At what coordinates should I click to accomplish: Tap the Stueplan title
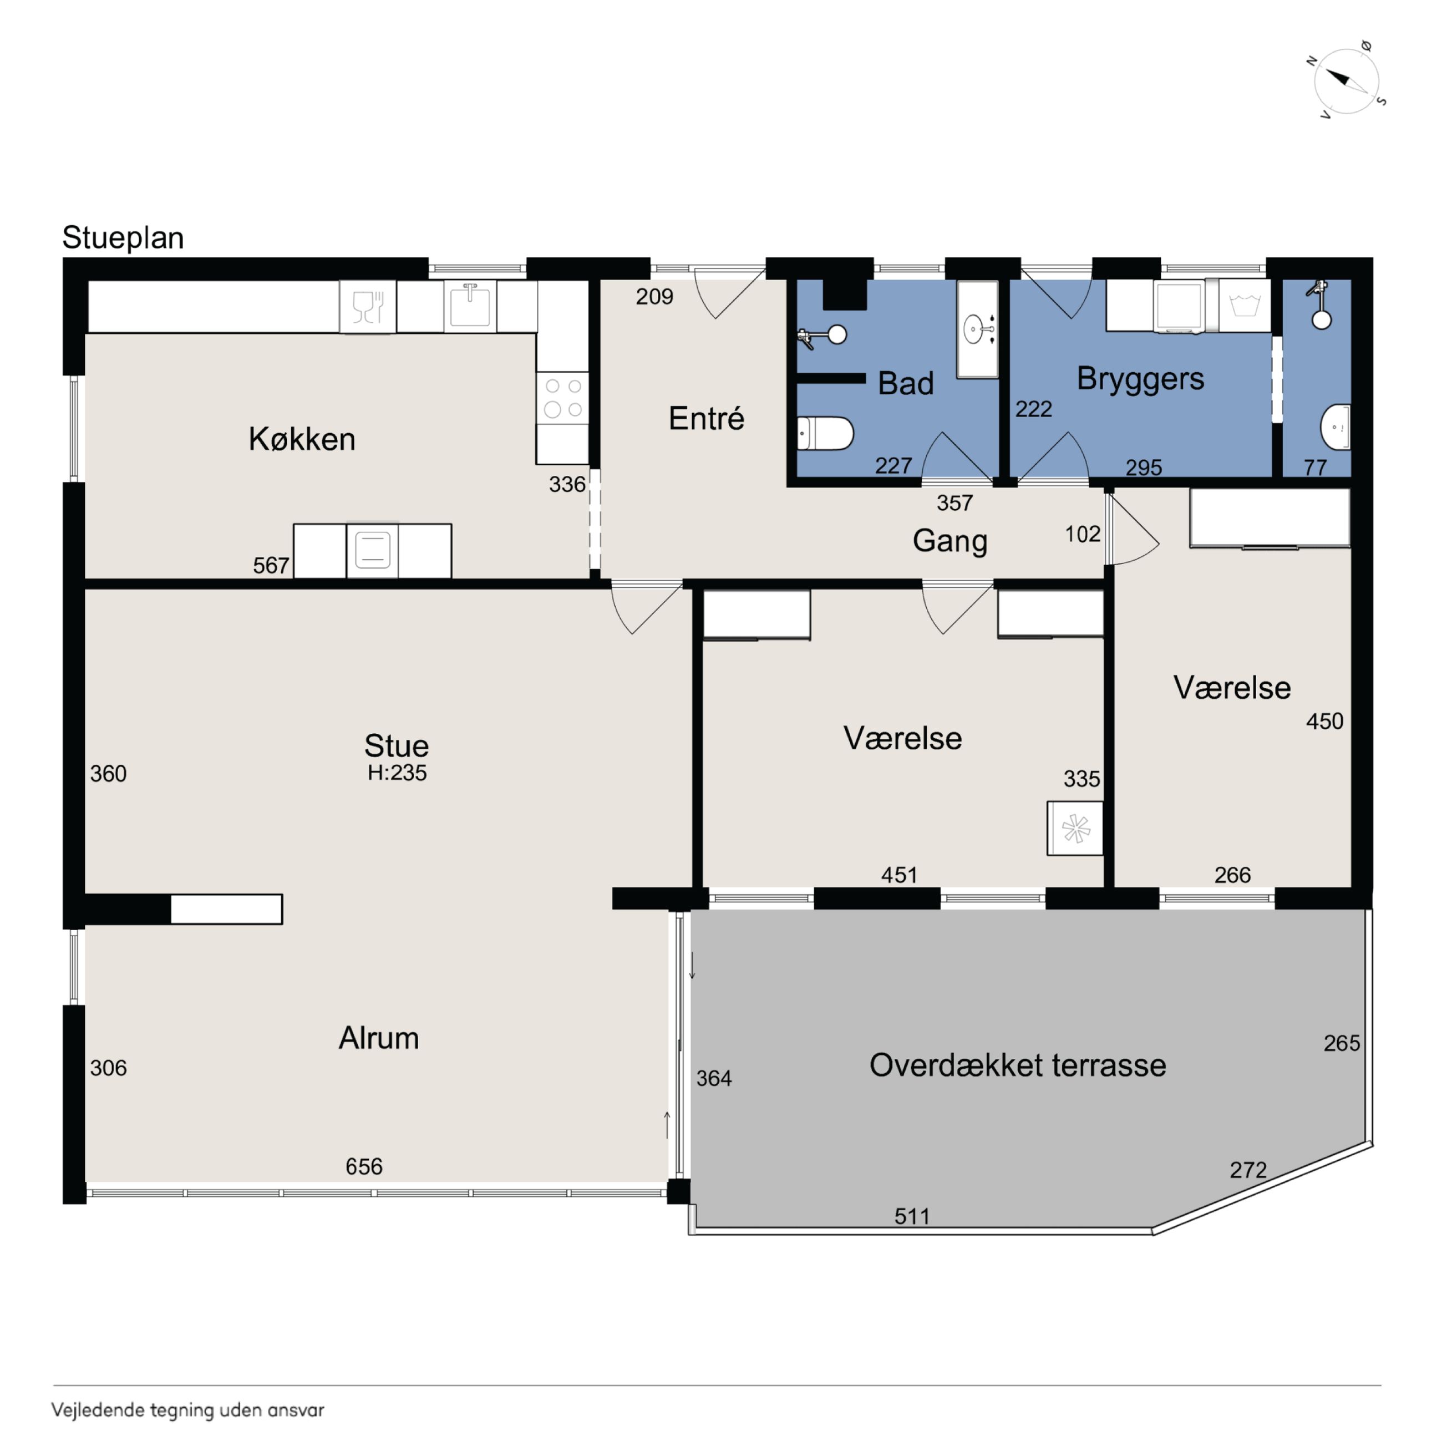point(123,237)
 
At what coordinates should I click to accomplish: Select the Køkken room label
point(302,439)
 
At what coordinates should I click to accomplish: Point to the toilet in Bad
point(825,433)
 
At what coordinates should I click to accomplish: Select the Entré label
point(706,418)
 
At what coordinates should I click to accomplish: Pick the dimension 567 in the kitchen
point(271,566)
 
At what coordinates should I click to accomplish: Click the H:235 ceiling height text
point(397,773)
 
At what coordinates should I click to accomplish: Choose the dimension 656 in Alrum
point(364,1166)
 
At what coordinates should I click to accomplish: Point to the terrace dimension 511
point(912,1217)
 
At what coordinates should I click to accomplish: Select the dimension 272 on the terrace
point(1248,1170)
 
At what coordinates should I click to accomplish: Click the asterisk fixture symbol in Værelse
point(1075,829)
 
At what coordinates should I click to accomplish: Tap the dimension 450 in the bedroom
point(1325,721)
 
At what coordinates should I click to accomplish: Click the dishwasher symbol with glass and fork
point(367,307)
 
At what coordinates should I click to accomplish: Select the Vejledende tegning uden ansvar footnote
point(188,1410)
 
